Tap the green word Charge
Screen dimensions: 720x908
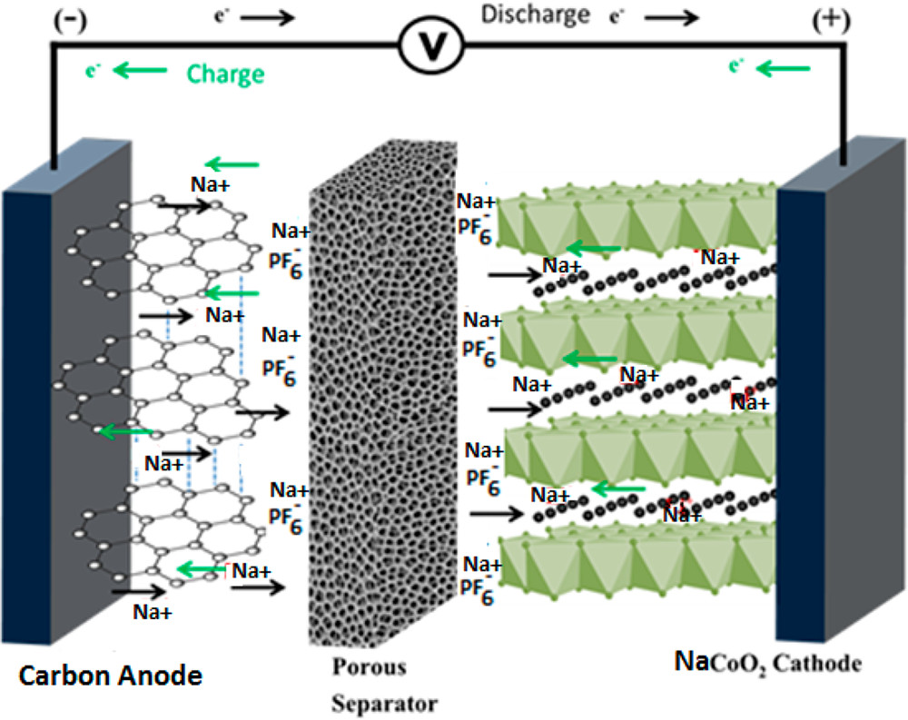(225, 73)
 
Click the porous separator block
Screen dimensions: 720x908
(381, 399)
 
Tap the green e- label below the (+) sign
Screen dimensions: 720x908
(737, 64)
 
